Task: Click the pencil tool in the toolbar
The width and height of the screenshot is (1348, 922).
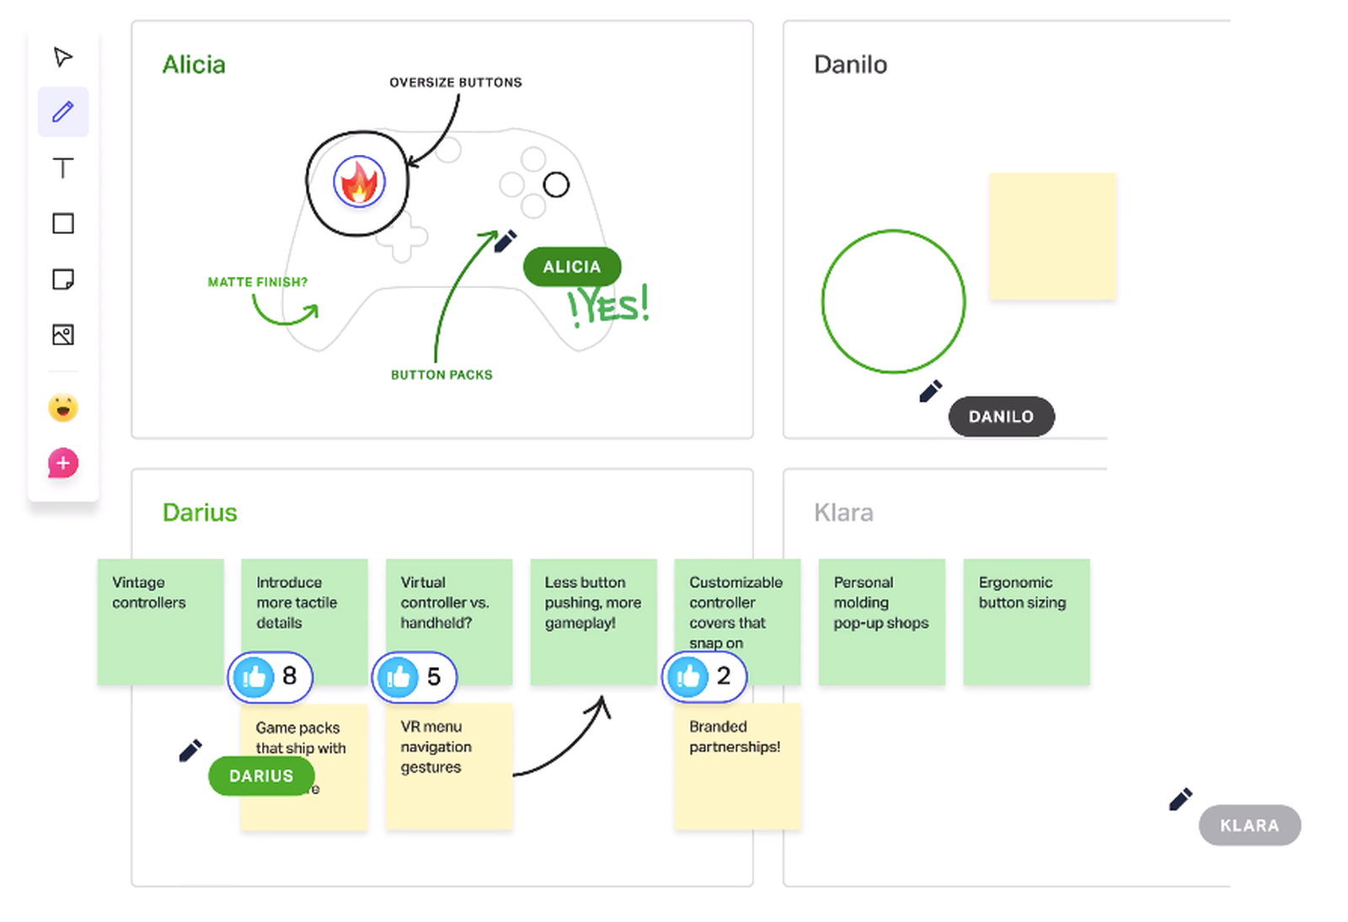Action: point(63,112)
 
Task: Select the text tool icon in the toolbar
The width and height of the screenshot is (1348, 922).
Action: point(63,168)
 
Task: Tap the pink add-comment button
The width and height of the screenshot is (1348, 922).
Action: point(63,463)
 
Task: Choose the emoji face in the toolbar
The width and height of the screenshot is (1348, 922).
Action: point(63,408)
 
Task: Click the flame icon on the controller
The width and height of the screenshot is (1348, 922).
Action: point(360,182)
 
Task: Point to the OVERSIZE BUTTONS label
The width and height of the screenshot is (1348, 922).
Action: point(455,83)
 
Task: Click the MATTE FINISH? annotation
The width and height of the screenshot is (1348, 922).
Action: point(257,282)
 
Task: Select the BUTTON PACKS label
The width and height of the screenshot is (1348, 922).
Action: point(441,375)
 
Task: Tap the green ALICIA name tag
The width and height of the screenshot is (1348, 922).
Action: point(572,267)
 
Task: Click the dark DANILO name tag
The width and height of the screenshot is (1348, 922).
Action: point(1001,417)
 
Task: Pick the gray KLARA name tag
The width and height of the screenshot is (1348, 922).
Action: point(1249,825)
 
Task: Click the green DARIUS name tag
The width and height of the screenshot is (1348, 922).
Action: point(261,775)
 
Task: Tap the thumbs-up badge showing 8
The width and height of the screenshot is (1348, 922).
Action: point(270,676)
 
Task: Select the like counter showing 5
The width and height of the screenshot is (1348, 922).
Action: point(415,677)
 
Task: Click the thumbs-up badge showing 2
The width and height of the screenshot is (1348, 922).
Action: point(704,676)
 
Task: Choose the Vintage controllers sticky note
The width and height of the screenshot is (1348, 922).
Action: point(160,621)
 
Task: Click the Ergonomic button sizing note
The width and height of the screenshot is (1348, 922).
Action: point(1026,621)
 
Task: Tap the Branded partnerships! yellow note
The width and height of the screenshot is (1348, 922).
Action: point(737,766)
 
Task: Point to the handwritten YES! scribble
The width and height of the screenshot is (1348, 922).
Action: point(608,305)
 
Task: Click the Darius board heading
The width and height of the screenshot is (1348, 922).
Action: point(200,513)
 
